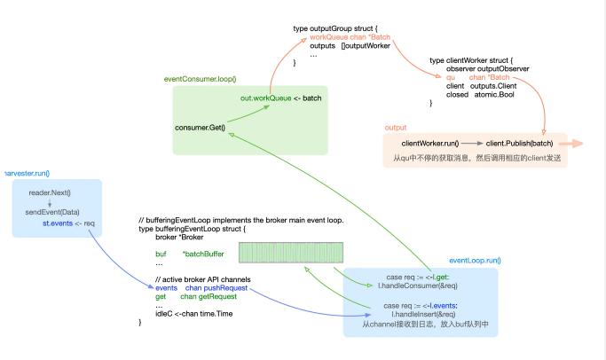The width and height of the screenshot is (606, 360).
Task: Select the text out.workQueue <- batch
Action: (280, 98)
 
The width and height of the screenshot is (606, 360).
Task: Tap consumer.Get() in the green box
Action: (201, 127)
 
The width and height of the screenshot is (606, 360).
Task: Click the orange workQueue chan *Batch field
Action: (350, 37)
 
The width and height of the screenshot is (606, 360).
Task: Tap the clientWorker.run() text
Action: (429, 143)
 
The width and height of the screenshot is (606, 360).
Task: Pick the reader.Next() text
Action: (49, 192)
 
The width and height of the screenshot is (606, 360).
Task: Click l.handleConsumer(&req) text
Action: (417, 286)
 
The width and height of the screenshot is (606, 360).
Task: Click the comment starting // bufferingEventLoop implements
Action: (240, 219)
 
